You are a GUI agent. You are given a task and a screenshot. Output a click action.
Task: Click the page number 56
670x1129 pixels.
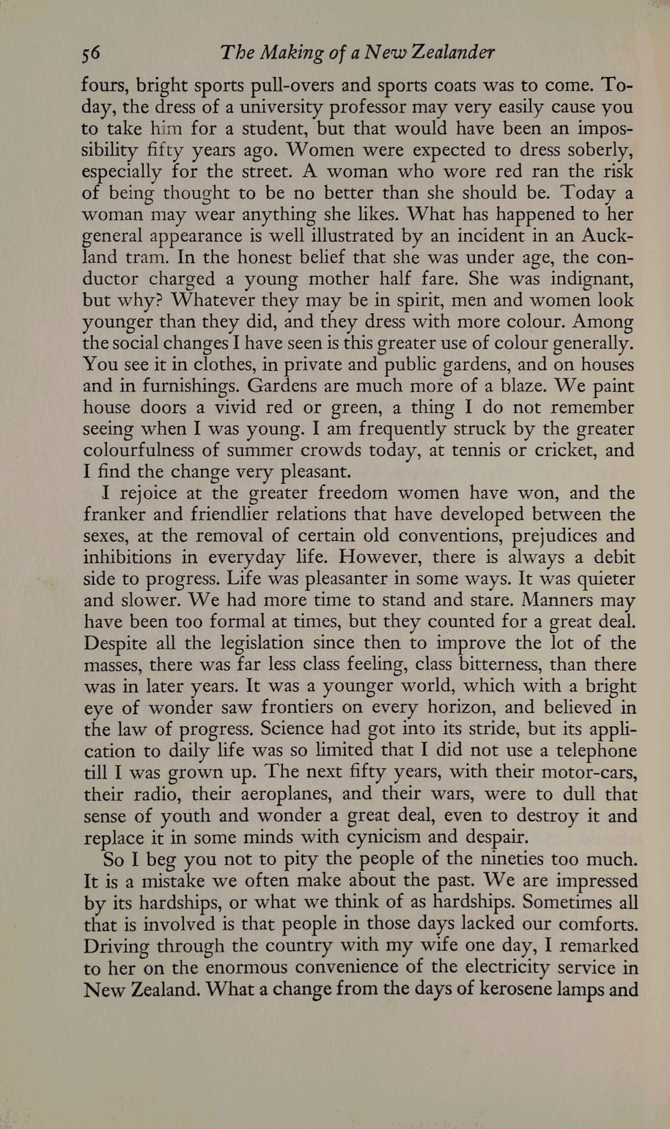(90, 54)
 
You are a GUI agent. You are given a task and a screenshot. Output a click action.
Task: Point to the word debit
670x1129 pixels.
(613, 557)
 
